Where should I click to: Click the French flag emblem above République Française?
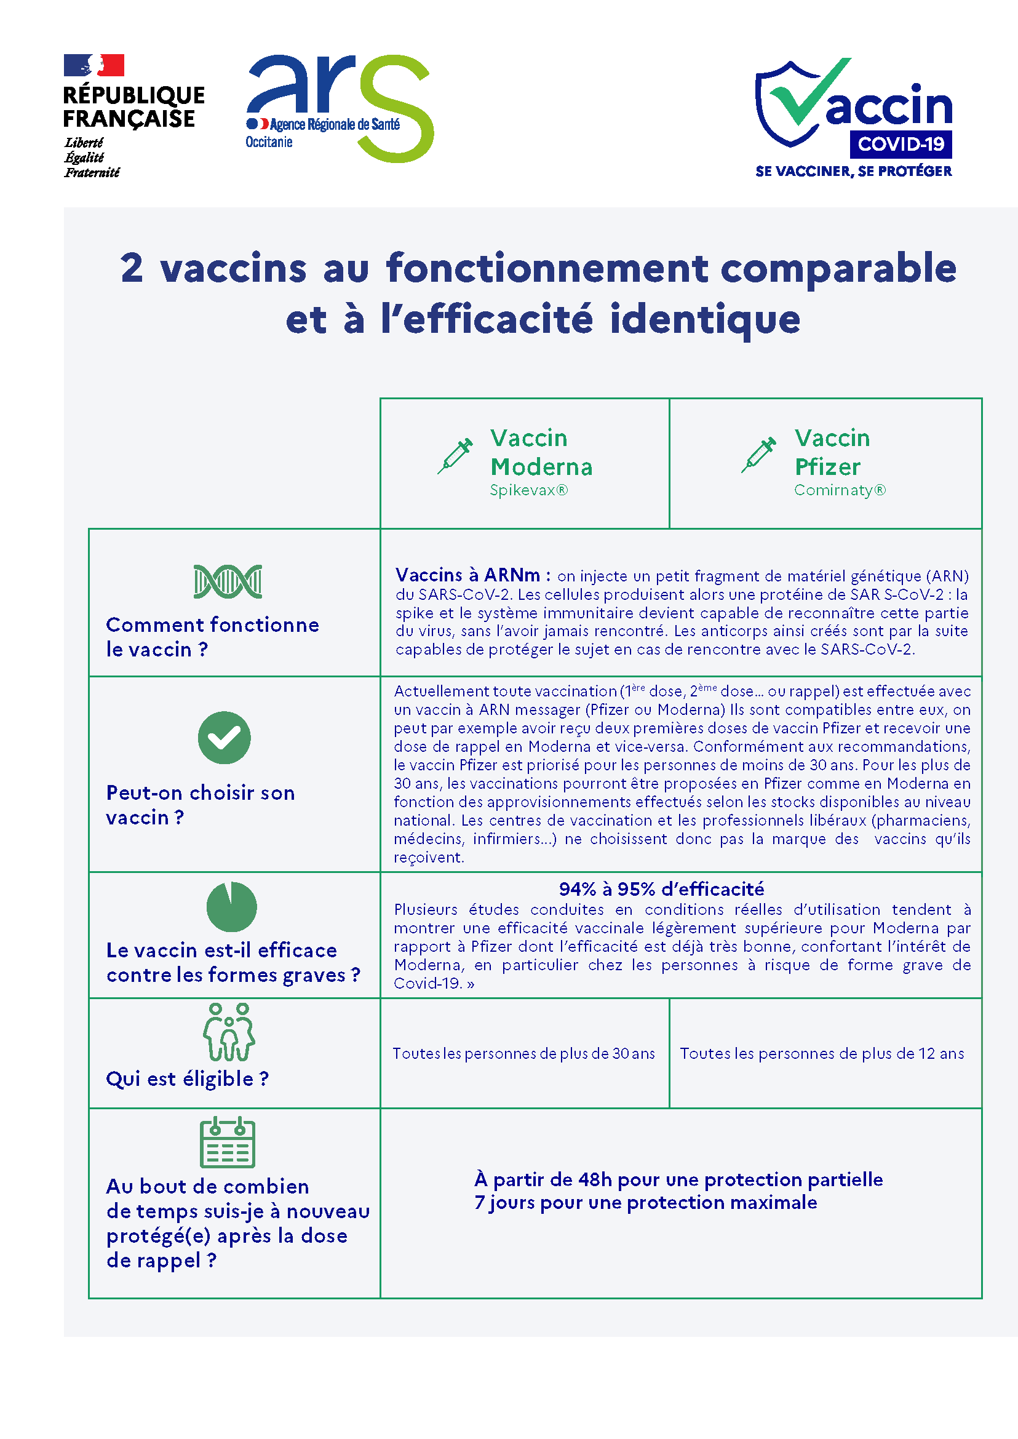point(93,65)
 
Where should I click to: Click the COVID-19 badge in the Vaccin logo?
point(901,144)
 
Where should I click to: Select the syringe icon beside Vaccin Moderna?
point(455,456)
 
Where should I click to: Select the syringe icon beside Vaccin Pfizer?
point(758,455)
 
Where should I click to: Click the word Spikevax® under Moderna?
point(528,490)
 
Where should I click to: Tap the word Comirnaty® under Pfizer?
point(840,490)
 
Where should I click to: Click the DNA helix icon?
point(228,581)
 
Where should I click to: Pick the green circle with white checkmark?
point(224,738)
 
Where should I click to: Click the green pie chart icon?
point(231,907)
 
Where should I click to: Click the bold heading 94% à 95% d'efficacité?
point(661,889)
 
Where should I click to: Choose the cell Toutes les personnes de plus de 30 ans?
point(523,1053)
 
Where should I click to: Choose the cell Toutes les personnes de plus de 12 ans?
point(822,1053)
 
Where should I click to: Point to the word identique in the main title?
point(704,319)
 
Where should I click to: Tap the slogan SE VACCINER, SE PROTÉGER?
point(853,171)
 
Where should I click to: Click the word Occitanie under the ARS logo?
point(269,142)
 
